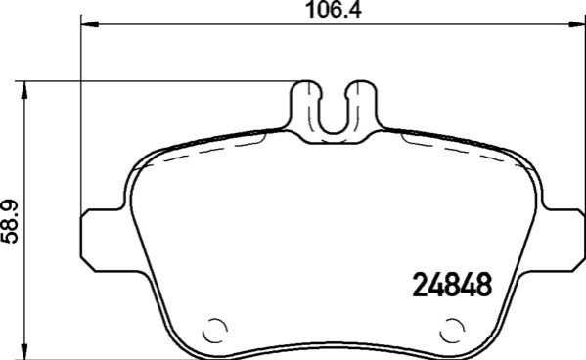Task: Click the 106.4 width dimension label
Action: tap(334, 10)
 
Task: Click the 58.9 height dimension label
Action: tap(10, 222)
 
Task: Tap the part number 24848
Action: tap(452, 285)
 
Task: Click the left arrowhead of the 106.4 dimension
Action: tap(89, 24)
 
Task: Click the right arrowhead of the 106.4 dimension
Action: tap(577, 24)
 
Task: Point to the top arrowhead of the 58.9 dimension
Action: tap(24, 90)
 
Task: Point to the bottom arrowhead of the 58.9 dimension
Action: tap(24, 350)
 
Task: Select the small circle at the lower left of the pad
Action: tap(215, 330)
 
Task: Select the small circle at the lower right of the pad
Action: tap(453, 330)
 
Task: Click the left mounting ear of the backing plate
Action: tap(103, 240)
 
